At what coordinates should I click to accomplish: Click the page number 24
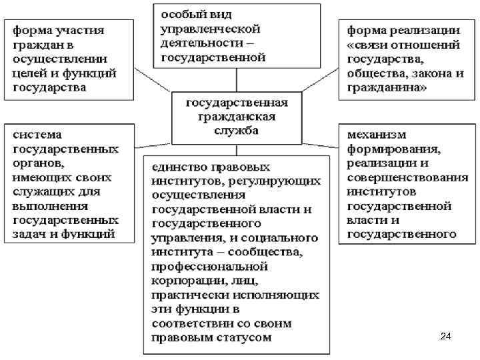[x=446, y=337]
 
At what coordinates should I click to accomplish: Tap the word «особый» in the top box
[x=181, y=15]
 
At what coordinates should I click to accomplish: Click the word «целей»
[x=32, y=73]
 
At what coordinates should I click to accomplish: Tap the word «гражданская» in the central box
[x=237, y=117]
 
